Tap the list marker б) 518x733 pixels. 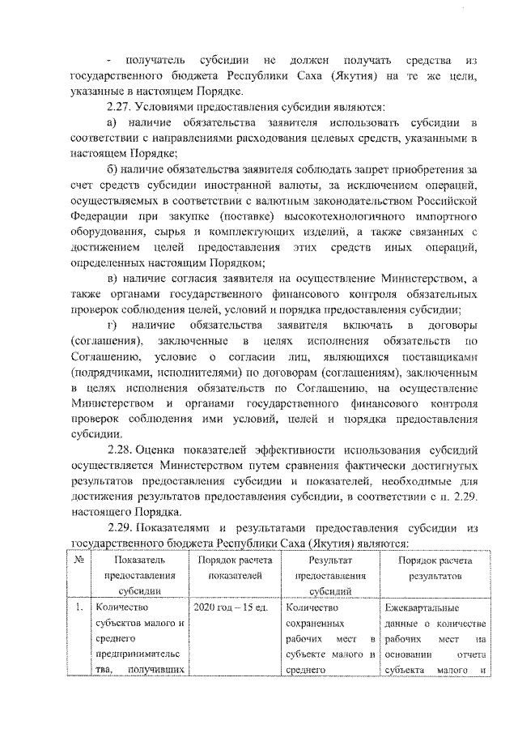pyautogui.click(x=113, y=168)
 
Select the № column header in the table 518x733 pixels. pyautogui.click(x=77, y=560)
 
